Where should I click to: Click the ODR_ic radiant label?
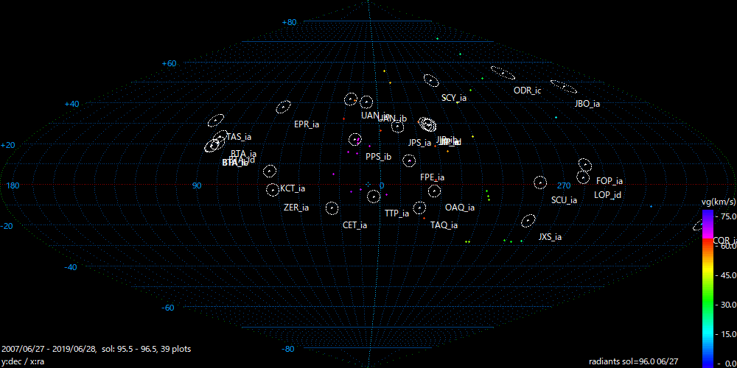pos(527,91)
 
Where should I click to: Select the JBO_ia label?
pos(587,104)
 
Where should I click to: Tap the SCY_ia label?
pos(454,98)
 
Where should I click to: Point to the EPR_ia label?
pos(306,124)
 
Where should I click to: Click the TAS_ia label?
pos(239,137)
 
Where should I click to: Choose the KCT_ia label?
pos(293,188)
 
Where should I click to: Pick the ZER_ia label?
pos(296,208)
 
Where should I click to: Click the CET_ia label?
pos(354,225)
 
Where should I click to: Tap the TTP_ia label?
pos(397,213)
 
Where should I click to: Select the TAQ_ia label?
pos(444,225)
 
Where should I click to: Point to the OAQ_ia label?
pos(459,208)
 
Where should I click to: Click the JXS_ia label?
pos(550,237)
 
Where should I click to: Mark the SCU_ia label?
pos(564,200)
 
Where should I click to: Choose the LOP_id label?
pos(607,195)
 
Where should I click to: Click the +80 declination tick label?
pos(289,22)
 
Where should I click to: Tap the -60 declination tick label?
pos(168,308)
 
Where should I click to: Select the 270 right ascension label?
pos(564,185)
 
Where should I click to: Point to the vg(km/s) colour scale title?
pos(718,201)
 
